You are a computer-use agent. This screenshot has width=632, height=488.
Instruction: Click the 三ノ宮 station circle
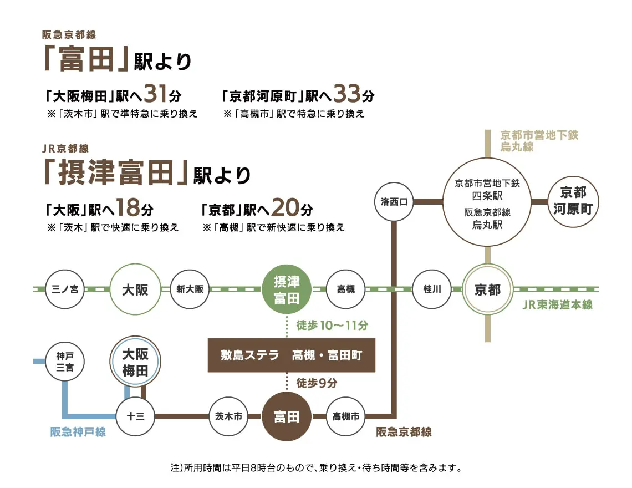(x=65, y=289)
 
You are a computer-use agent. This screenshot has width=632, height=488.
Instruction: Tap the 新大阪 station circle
(x=190, y=289)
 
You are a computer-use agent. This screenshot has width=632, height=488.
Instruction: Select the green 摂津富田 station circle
(x=287, y=289)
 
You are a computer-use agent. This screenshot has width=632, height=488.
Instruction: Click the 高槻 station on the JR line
(x=346, y=289)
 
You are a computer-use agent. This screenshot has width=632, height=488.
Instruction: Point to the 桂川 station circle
(x=432, y=289)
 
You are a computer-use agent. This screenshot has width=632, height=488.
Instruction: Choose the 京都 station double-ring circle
(x=487, y=289)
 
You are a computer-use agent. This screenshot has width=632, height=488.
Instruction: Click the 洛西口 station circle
(x=394, y=202)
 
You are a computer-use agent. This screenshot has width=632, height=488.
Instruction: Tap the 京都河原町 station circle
(x=573, y=201)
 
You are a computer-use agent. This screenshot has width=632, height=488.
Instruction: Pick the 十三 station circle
(x=136, y=416)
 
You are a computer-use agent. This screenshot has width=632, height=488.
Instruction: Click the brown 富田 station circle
(x=287, y=416)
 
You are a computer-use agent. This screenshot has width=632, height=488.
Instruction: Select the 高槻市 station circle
(x=346, y=416)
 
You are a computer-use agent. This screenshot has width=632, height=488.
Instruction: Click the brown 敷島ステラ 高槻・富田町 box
(x=292, y=355)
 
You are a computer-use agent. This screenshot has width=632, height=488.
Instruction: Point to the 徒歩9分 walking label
(x=317, y=383)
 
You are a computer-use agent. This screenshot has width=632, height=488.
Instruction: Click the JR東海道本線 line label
(x=557, y=304)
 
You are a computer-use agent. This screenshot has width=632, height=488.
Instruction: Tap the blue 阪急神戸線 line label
(x=78, y=432)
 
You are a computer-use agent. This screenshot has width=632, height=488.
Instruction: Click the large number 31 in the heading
(x=156, y=95)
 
